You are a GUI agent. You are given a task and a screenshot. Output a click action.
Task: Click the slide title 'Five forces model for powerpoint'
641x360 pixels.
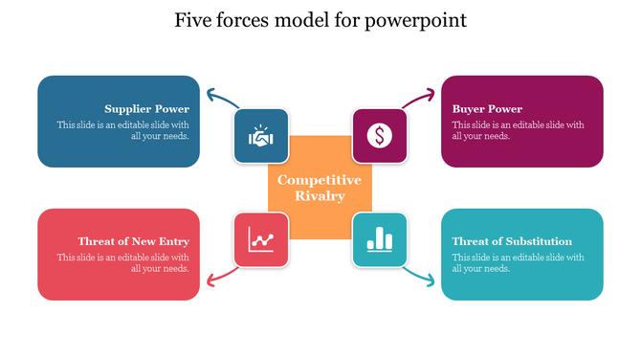tap(320, 20)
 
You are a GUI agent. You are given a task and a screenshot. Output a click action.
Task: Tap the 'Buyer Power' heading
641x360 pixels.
tap(487, 109)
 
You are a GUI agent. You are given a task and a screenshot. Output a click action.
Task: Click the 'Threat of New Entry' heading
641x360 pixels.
tap(134, 241)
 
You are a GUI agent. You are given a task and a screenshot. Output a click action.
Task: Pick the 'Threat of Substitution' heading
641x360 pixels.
tap(512, 241)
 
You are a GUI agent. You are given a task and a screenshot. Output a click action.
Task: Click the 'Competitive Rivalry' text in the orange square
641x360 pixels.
tap(320, 188)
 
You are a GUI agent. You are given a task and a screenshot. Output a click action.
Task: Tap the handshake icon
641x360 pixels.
tap(260, 137)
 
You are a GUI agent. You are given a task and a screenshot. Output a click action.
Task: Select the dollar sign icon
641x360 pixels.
tap(380, 136)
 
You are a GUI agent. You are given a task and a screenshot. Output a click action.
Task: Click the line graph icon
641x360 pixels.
tap(260, 239)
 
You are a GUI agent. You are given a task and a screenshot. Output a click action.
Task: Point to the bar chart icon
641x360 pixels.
tap(380, 239)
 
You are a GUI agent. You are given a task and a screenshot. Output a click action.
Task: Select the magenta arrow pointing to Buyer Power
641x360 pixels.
tap(418, 97)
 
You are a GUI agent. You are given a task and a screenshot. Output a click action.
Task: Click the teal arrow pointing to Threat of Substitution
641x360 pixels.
tap(419, 278)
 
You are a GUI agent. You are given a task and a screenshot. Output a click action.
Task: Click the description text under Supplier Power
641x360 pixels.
tap(124, 130)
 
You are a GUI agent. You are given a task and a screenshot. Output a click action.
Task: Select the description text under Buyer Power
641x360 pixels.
tap(518, 130)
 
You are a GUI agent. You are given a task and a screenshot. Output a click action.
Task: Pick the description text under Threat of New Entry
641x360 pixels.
tap(124, 262)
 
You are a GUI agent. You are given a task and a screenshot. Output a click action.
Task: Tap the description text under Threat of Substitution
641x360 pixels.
tap(518, 262)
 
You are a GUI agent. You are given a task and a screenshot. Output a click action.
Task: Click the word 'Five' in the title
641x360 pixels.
tap(194, 20)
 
